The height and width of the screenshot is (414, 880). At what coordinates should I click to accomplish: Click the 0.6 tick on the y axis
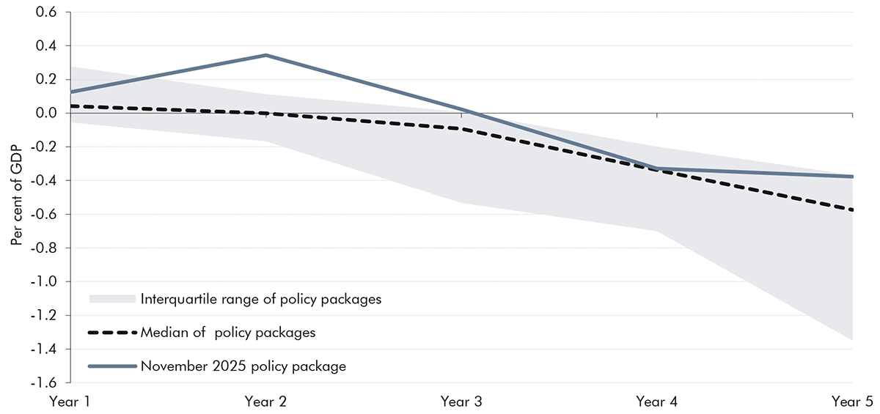coord(48,12)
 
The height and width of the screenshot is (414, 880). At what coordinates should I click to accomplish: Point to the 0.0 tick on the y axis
coord(48,114)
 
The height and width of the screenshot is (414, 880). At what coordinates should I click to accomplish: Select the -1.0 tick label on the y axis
coord(45,282)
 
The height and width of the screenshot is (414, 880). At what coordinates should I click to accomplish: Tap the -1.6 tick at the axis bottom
coord(45,383)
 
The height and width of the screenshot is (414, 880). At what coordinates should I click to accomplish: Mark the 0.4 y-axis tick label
coord(48,46)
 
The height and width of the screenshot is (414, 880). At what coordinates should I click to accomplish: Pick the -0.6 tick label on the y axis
coord(45,215)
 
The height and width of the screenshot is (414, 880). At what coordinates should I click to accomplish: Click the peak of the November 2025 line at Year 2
coord(265,55)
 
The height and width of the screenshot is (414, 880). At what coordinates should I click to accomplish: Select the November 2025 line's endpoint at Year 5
coord(852,177)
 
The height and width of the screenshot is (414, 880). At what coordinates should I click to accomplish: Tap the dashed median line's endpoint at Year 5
coord(852,210)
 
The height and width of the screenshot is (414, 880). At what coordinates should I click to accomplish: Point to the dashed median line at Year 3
coord(461,129)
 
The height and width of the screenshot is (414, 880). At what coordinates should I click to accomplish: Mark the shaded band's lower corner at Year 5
coord(852,340)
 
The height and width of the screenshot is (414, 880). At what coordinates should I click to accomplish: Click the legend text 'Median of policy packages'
coord(227,333)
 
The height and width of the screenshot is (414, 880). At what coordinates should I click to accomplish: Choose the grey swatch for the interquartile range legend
coord(112,299)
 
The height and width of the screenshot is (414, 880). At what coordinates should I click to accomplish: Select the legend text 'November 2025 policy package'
coord(243,366)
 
